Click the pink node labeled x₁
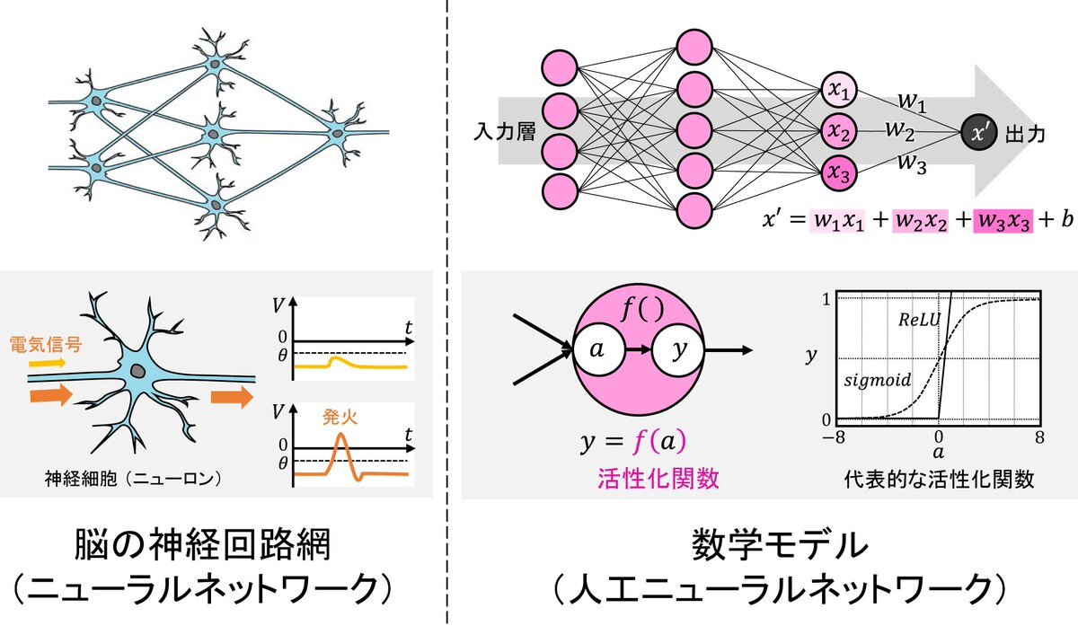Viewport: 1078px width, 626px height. click(x=839, y=90)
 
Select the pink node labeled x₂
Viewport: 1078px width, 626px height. click(x=839, y=131)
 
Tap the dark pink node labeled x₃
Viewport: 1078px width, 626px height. click(x=839, y=172)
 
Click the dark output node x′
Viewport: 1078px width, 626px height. click(x=979, y=132)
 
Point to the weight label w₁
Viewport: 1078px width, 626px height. click(x=912, y=102)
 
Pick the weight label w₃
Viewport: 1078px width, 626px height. click(x=912, y=163)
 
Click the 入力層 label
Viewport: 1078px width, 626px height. click(x=505, y=131)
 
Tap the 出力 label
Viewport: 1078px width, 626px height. click(x=1026, y=134)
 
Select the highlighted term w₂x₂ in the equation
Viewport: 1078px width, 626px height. click(x=920, y=221)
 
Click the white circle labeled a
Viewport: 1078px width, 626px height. click(x=598, y=349)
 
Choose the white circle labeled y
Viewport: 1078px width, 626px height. click(x=678, y=349)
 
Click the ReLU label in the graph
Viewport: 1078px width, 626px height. click(x=919, y=319)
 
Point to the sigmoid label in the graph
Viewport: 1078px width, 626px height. click(x=878, y=380)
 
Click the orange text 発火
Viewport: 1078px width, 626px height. click(x=340, y=417)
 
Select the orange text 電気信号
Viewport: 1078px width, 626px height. click(x=46, y=344)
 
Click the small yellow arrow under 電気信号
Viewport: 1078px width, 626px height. click(x=47, y=363)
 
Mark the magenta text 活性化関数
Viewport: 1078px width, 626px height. click(x=658, y=479)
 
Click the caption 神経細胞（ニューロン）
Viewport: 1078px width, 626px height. click(x=133, y=480)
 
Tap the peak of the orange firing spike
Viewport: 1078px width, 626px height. click(x=341, y=434)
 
